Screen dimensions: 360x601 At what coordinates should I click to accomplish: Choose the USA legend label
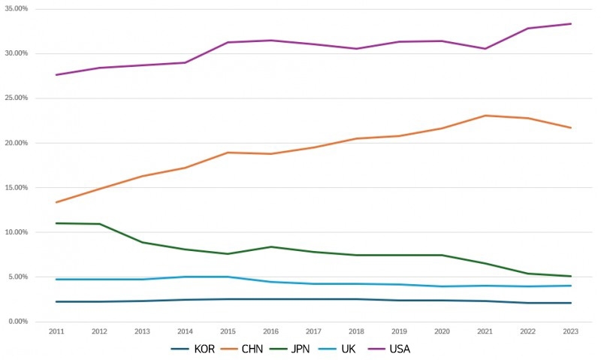click(x=398, y=349)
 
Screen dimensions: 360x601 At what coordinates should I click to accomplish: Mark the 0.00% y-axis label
click(x=17, y=322)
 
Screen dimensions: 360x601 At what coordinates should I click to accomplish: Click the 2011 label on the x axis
click(x=56, y=331)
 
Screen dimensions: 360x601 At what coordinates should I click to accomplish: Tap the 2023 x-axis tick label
click(x=571, y=331)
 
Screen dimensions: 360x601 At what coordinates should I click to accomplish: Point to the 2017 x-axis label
click(x=313, y=331)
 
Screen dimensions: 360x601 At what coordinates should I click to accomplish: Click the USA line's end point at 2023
click(x=571, y=23)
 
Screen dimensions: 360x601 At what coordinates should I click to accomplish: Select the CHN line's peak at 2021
click(x=485, y=116)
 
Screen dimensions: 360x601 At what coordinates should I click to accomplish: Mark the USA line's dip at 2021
click(x=485, y=49)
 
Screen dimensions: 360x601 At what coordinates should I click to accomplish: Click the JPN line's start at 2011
click(x=56, y=223)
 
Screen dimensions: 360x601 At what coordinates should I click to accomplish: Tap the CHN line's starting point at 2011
click(x=56, y=202)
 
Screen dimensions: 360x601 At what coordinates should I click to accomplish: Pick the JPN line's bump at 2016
click(x=270, y=247)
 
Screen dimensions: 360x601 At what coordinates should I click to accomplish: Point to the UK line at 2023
click(x=571, y=286)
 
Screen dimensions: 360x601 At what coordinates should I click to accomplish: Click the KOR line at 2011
click(x=56, y=301)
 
